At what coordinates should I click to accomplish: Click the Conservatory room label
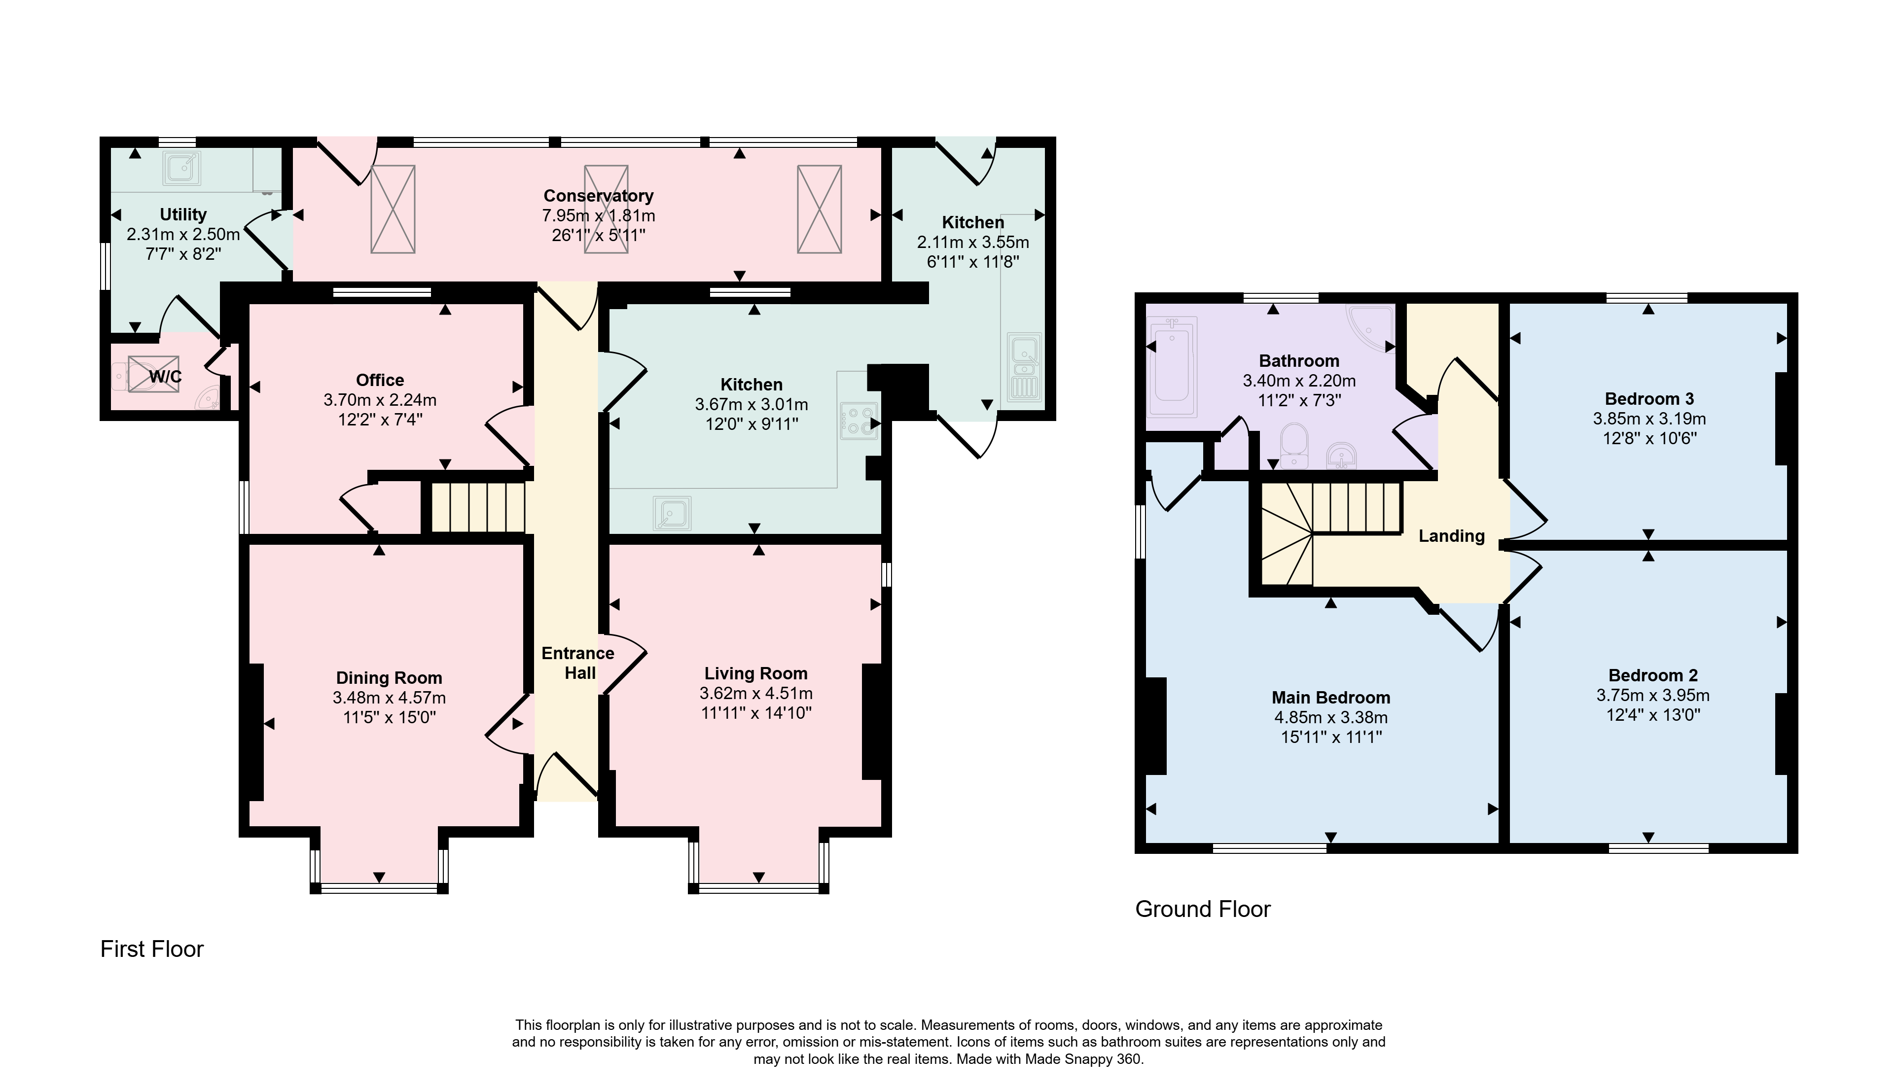pyautogui.click(x=598, y=196)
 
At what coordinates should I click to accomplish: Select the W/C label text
pyautogui.click(x=166, y=377)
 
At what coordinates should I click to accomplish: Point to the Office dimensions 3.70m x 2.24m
pyautogui.click(x=380, y=400)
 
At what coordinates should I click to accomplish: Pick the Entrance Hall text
pyautogui.click(x=579, y=663)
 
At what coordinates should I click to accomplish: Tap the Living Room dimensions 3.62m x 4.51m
pyautogui.click(x=756, y=694)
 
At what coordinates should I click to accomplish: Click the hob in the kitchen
pyautogui.click(x=858, y=421)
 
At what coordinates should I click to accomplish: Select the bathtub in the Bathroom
pyautogui.click(x=1173, y=368)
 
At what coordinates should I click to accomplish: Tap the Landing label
pyautogui.click(x=1452, y=536)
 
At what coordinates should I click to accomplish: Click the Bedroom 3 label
pyautogui.click(x=1649, y=399)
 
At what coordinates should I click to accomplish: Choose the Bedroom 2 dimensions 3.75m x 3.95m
pyautogui.click(x=1653, y=696)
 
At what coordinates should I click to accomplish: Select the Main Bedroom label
pyautogui.click(x=1331, y=698)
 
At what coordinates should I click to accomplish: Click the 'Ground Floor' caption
pyautogui.click(x=1203, y=910)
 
